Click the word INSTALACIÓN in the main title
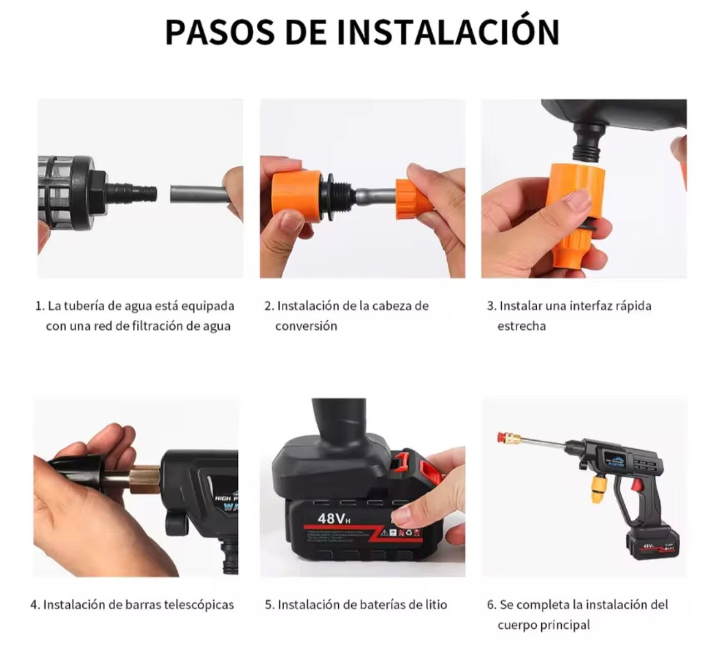[448, 32]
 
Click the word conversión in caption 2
[306, 326]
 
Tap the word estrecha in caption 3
[521, 326]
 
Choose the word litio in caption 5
[434, 604]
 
